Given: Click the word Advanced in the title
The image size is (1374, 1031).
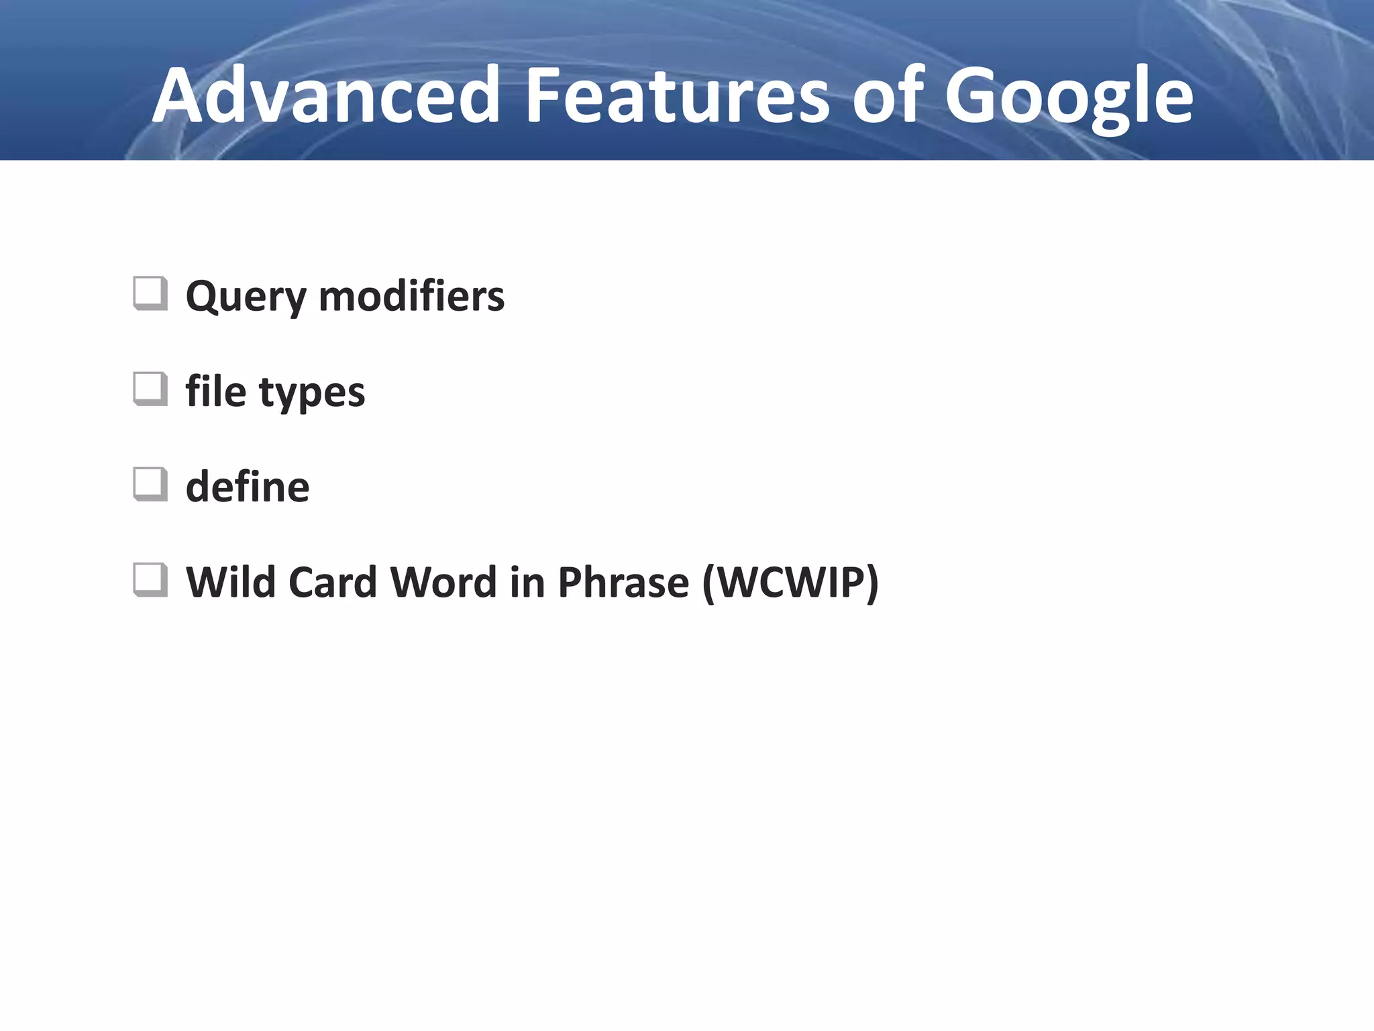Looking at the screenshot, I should point(326,95).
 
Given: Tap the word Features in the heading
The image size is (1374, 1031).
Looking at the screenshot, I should point(677,95).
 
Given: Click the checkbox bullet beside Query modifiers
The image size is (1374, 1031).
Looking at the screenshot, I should point(150,294).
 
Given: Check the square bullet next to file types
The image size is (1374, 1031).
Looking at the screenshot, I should point(150,389).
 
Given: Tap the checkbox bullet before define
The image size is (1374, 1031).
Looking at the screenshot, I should point(150,485).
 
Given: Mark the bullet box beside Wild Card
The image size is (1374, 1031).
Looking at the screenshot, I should point(150,580).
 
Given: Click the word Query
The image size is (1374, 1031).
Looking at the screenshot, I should point(246,297).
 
